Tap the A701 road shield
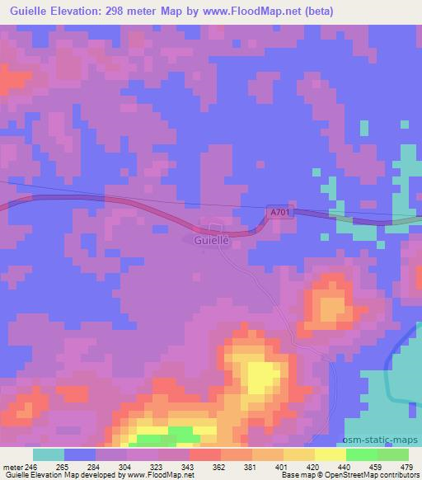[x=280, y=213]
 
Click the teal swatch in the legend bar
[x=49, y=454]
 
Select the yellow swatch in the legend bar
[x=330, y=454]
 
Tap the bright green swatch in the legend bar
[x=361, y=454]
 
